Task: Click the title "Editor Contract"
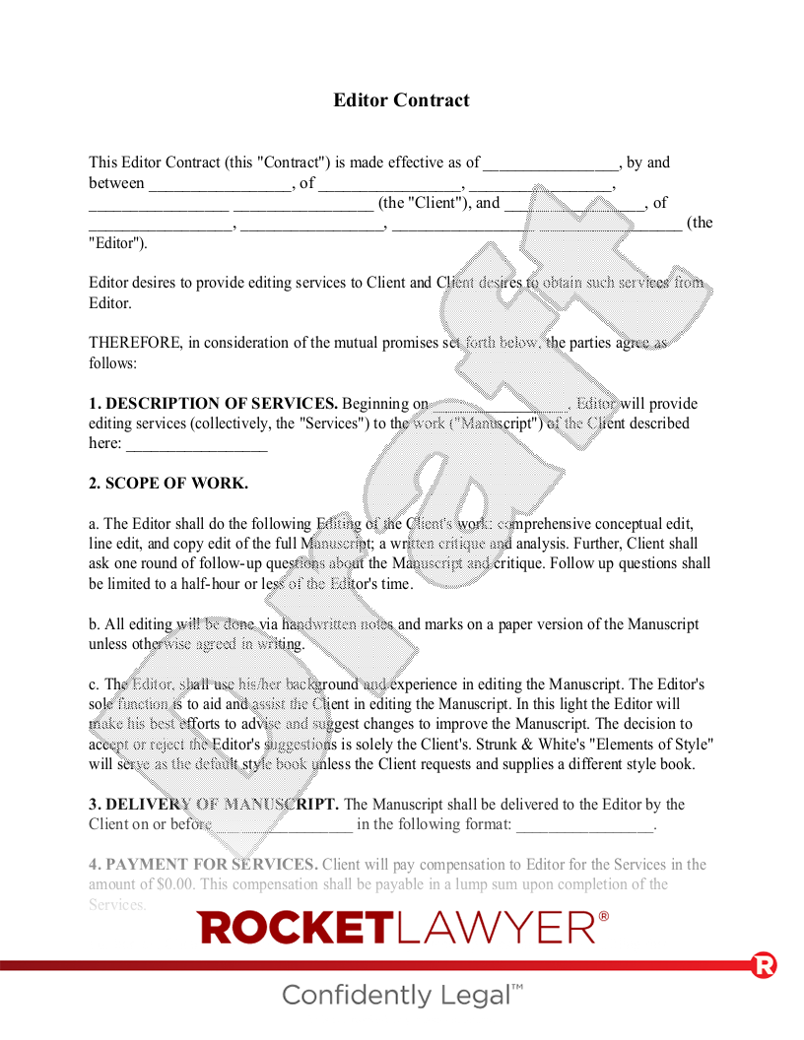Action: [401, 100]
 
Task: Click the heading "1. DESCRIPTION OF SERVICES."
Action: [213, 403]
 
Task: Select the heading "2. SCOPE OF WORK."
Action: [168, 484]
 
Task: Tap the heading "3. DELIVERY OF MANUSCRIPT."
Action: [214, 805]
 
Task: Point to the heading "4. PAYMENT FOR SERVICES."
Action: [203, 865]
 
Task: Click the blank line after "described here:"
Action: [197, 445]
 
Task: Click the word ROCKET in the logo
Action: [295, 928]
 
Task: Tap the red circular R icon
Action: [764, 965]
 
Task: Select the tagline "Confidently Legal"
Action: [402, 995]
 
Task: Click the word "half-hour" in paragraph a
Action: [208, 584]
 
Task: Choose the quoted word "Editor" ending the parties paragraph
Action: [116, 243]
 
